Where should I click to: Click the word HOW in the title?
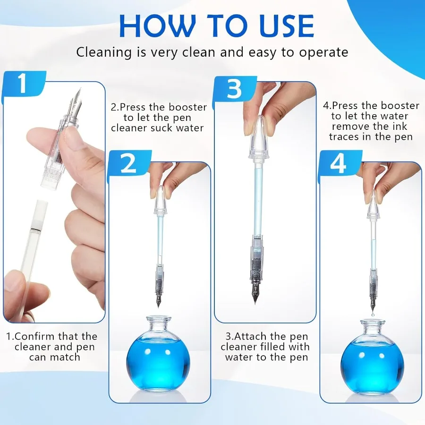(157, 25)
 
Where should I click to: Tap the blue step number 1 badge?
(24, 84)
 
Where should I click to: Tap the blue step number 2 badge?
(129, 164)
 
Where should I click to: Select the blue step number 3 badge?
(235, 89)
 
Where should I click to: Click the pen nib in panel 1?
(76, 102)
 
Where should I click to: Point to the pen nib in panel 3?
(256, 294)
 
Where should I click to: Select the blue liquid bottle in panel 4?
(372, 363)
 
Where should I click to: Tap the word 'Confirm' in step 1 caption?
(34, 336)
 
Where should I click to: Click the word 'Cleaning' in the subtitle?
(104, 52)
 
